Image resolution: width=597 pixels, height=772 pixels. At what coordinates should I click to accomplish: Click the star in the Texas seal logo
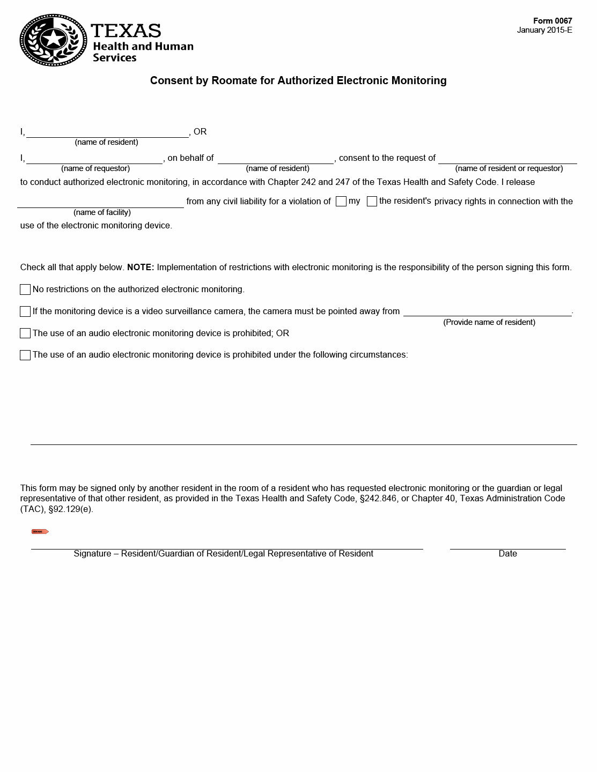click(53, 39)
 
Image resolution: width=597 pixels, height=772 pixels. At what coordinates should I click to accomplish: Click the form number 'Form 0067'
click(552, 21)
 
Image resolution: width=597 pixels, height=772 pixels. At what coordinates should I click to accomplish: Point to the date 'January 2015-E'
click(544, 30)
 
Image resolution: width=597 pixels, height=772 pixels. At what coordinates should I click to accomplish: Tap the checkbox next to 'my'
click(341, 202)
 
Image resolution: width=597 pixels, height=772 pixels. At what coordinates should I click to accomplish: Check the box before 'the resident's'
click(372, 202)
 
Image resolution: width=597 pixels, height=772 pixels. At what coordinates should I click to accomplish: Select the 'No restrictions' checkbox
click(25, 289)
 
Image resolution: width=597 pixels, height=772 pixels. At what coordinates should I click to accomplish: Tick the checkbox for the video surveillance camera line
click(25, 311)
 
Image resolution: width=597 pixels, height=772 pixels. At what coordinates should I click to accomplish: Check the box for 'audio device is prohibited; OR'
click(25, 333)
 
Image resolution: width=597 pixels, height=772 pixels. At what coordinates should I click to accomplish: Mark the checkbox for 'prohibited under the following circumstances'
click(25, 355)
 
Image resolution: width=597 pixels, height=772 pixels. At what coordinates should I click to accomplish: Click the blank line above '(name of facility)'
click(101, 204)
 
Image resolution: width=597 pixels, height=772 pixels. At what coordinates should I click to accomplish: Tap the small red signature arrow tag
click(40, 532)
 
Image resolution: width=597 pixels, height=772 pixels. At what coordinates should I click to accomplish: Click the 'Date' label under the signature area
click(507, 554)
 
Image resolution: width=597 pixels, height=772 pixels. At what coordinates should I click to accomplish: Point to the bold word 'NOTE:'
click(141, 268)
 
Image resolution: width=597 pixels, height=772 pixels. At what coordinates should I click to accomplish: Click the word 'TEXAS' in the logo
click(126, 31)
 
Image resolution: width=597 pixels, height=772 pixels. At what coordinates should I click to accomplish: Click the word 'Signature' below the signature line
click(92, 554)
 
